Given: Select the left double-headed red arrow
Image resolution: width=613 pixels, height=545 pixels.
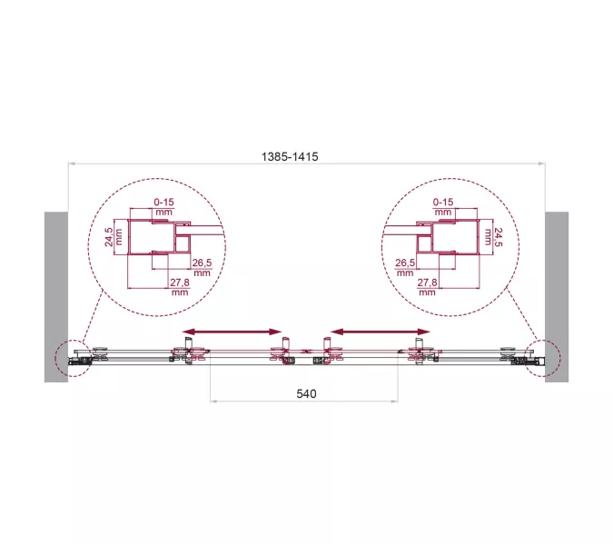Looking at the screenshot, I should [231, 331].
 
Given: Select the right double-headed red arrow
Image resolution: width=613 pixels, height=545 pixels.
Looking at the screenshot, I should [380, 331].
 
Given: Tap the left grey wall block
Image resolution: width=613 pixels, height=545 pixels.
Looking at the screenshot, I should [55, 296].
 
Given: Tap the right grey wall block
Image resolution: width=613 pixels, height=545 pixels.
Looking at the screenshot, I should [557, 296].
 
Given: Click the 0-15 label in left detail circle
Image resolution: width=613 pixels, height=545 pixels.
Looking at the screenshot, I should [163, 202].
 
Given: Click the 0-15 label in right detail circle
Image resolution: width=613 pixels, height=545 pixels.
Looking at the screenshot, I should [444, 202].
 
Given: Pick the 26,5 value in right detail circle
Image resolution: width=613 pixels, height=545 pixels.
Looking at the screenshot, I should [405, 263].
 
